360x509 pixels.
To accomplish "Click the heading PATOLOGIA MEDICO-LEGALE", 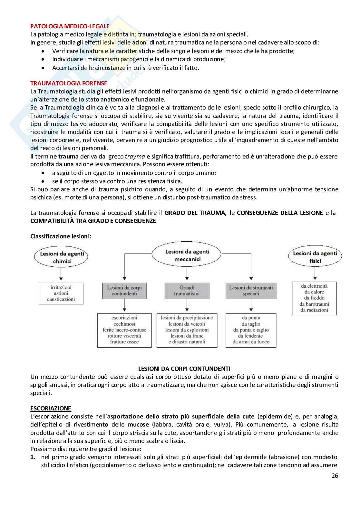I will pos(70,26).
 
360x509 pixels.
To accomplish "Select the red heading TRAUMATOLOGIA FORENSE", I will pos(69,83).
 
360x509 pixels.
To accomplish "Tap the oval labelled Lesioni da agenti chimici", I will pos(62,257).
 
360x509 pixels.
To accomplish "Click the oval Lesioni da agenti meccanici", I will pos(187,255).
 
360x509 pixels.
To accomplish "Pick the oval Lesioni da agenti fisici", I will pos(315,257).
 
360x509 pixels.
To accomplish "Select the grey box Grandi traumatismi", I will pos(187,291).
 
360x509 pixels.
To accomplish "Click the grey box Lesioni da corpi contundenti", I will pos(124,291).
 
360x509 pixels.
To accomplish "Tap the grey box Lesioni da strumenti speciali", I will pos(251,291).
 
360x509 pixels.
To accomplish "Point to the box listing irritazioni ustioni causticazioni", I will pos(61,293).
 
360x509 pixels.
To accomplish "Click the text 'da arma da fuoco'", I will pos(251,342).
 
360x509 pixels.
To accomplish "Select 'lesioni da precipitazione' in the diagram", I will pos(187,318).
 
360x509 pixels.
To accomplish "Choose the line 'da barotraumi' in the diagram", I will pos(314,304).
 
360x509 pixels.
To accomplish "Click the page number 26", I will pos(335,475).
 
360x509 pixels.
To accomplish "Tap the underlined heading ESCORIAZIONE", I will pos(51,408).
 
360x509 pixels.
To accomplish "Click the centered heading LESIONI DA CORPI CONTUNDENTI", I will pos(184,369).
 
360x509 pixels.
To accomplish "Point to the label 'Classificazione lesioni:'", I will pos(61,236).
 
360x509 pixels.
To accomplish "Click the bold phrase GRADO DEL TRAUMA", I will pos(195,213).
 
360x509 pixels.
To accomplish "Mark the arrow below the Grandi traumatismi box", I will pos(187,306).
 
